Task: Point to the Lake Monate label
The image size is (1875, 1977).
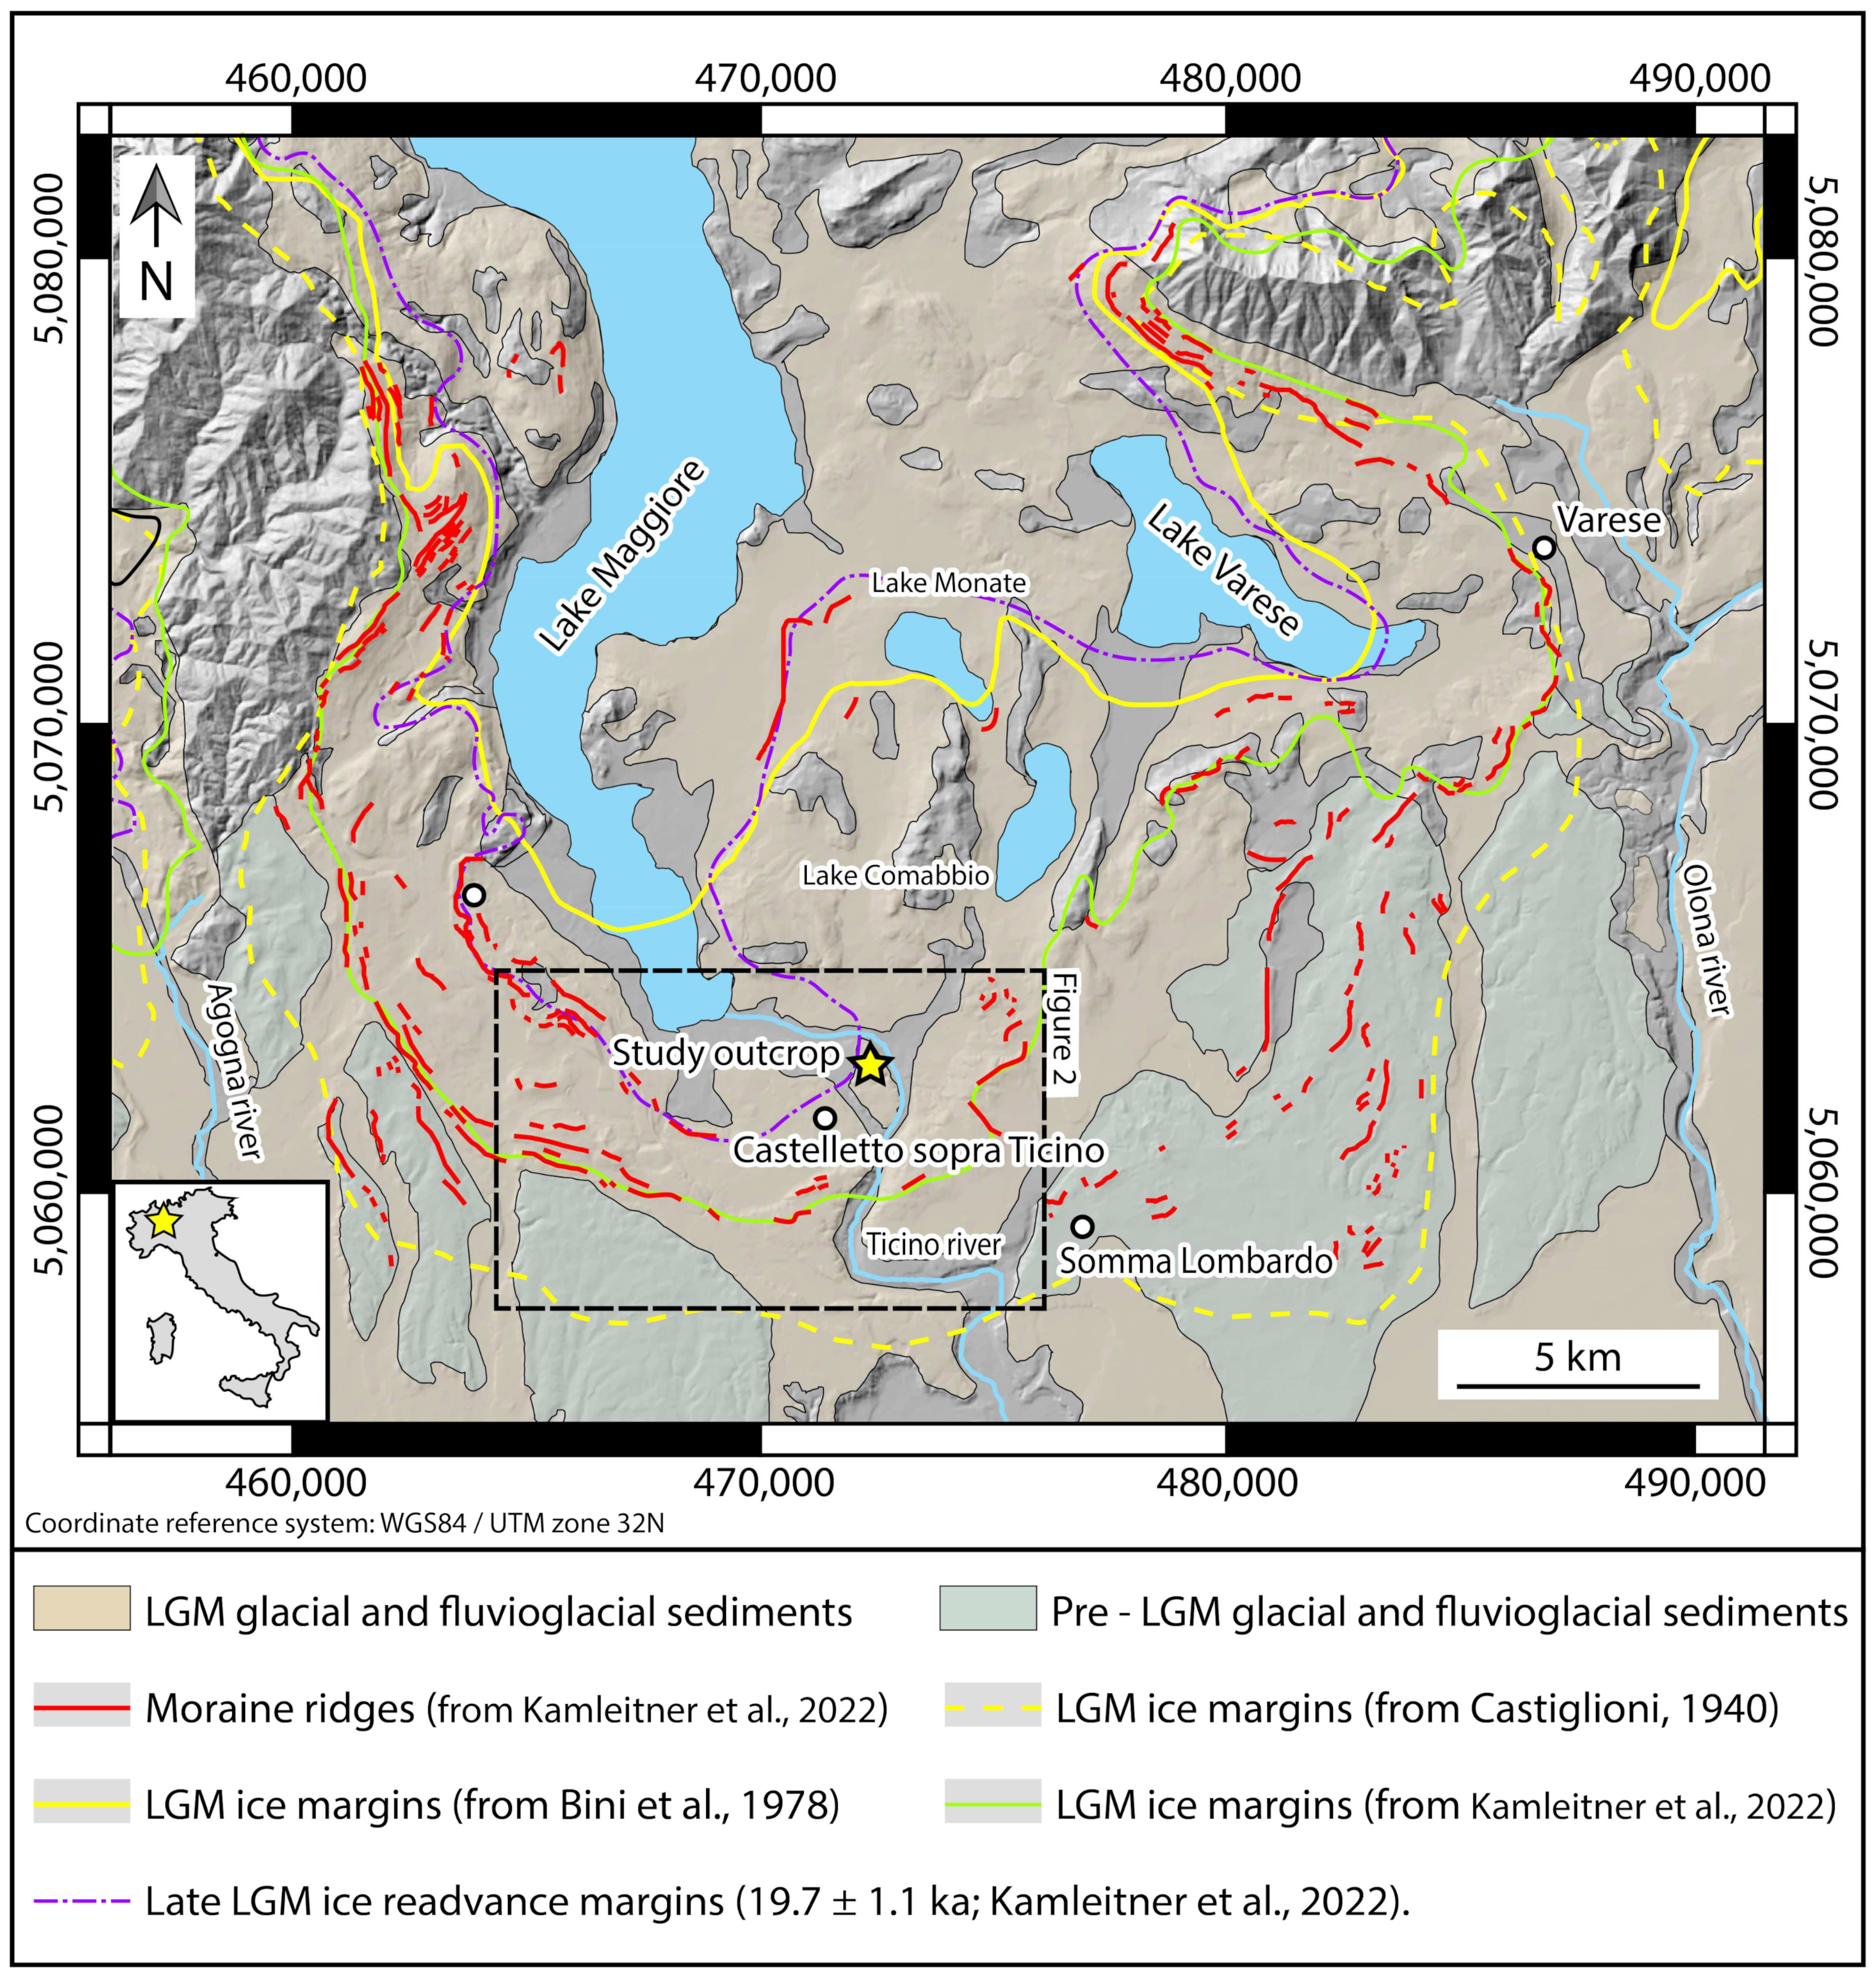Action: [x=947, y=583]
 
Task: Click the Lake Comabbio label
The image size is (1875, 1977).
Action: [x=895, y=876]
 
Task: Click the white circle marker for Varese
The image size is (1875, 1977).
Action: [x=1544, y=548]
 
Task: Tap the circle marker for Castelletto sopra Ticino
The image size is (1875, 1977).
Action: [x=825, y=1117]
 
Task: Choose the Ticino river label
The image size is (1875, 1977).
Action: [x=933, y=1244]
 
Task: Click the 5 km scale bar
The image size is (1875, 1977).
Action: [x=1577, y=1385]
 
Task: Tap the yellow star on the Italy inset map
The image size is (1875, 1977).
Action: [x=163, y=1221]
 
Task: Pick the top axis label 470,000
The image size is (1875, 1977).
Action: [x=765, y=78]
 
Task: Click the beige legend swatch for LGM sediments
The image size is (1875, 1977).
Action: [x=82, y=1611]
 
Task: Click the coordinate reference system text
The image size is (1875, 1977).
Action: [x=344, y=1523]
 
